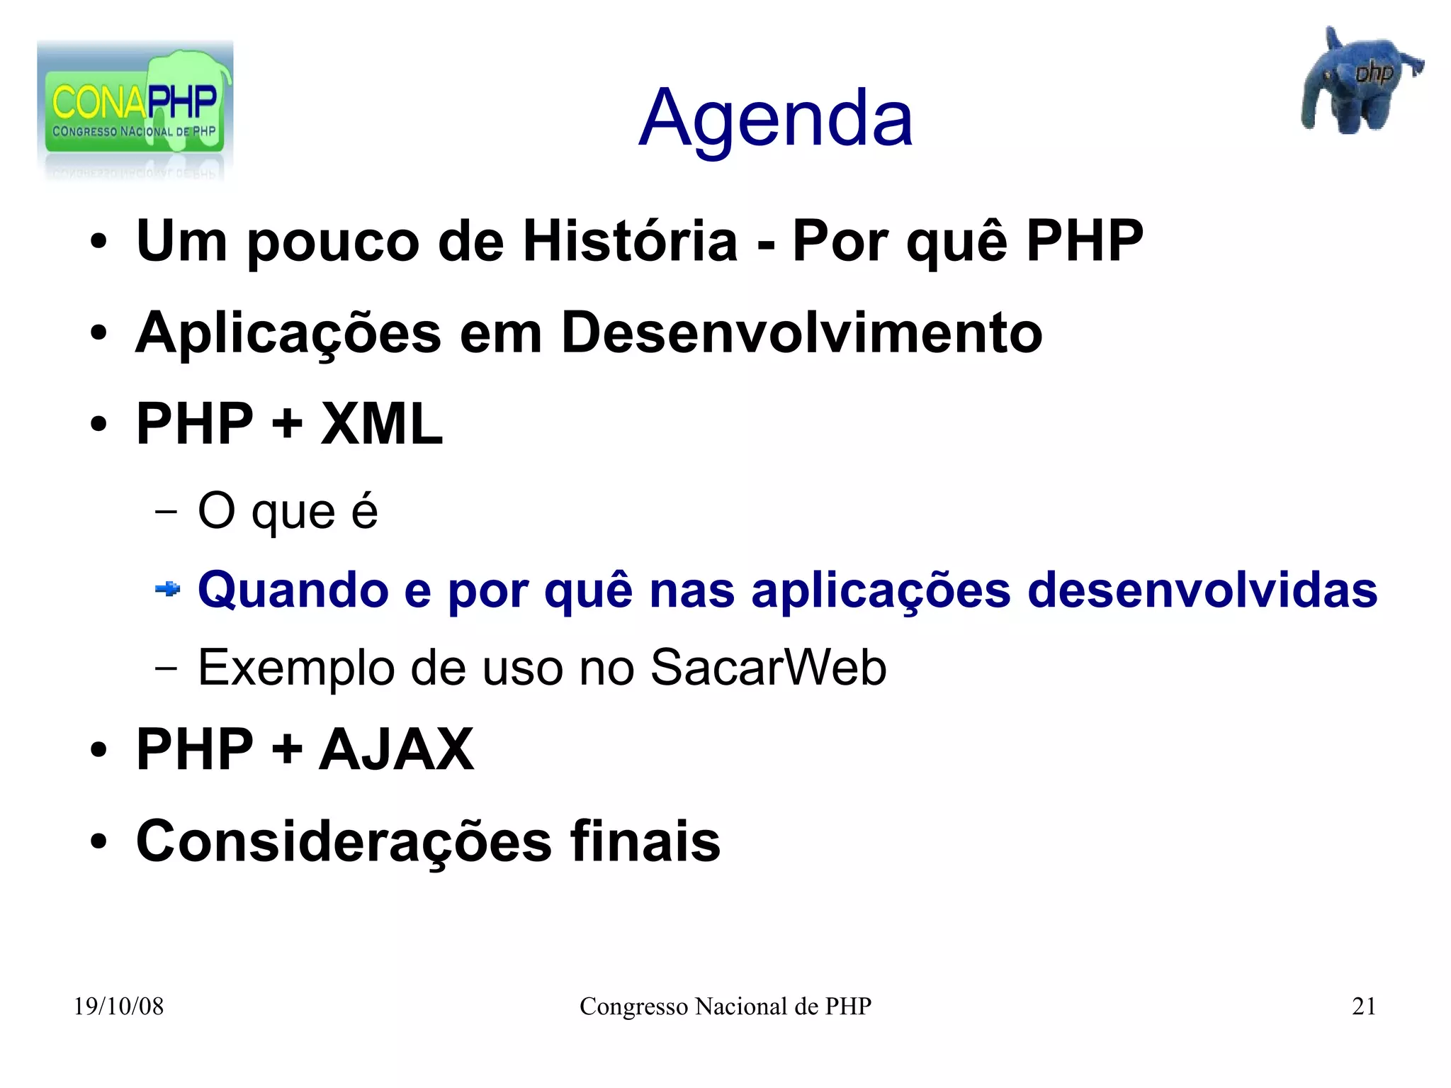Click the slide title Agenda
click(775, 119)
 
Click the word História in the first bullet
click(630, 242)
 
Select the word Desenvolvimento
click(801, 334)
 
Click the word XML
click(381, 425)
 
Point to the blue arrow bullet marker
click(168, 589)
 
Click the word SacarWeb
click(768, 668)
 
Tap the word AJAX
click(396, 750)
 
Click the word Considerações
click(344, 842)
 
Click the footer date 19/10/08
click(118, 1006)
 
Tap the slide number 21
click(1363, 1006)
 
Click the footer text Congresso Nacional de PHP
click(725, 1006)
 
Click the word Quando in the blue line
click(293, 590)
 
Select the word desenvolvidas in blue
click(1202, 590)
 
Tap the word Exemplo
click(295, 668)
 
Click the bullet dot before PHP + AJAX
click(98, 750)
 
